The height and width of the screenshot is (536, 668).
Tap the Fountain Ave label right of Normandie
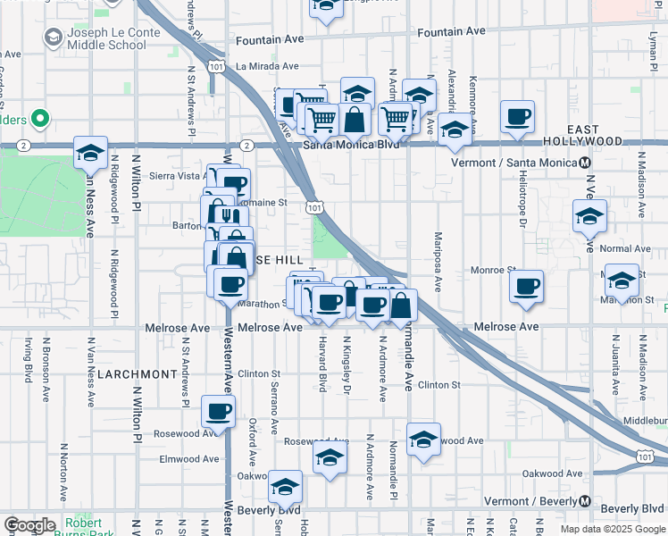451,31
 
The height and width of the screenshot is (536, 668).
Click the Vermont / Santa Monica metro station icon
585,163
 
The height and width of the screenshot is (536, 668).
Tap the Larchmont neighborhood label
137,373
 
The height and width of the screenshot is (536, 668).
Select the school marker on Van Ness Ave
90,154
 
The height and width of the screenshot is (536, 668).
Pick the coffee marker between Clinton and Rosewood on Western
218,412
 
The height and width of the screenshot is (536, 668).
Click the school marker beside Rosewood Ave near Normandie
423,440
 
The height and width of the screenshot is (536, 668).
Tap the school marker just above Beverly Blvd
286,487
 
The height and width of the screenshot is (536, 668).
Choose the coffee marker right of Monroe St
526,287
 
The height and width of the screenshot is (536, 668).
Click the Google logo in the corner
29,525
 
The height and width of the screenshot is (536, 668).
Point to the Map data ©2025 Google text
613,528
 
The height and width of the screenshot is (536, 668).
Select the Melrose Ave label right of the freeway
506,327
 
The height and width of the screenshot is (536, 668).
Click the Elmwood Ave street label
188,459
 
